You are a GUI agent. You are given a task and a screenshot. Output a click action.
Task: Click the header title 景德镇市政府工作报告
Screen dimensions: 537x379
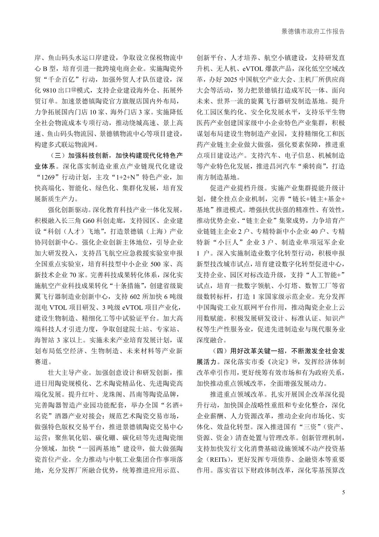click(313, 31)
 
